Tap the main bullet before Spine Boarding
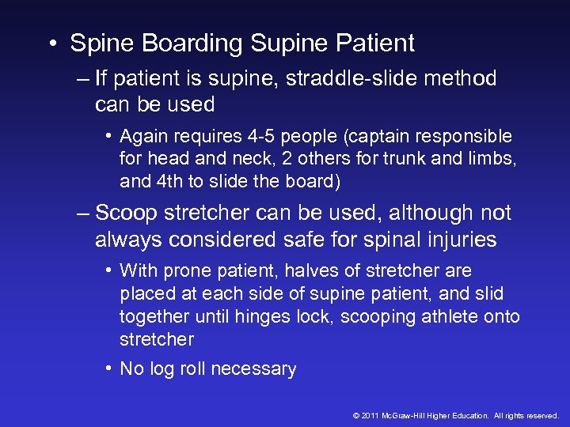[x=51, y=44]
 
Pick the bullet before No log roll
[x=108, y=368]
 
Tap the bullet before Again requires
[x=108, y=136]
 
